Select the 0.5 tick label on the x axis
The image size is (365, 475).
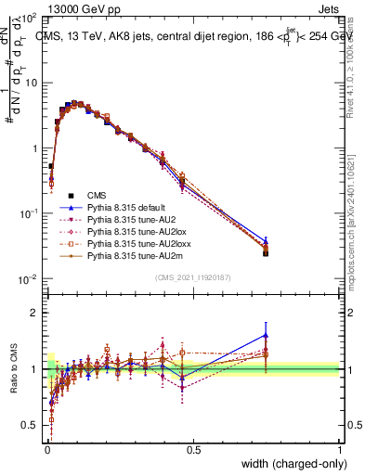193,449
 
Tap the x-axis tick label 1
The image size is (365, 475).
340,449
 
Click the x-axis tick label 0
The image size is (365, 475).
46,449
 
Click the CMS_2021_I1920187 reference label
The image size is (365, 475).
193,277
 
